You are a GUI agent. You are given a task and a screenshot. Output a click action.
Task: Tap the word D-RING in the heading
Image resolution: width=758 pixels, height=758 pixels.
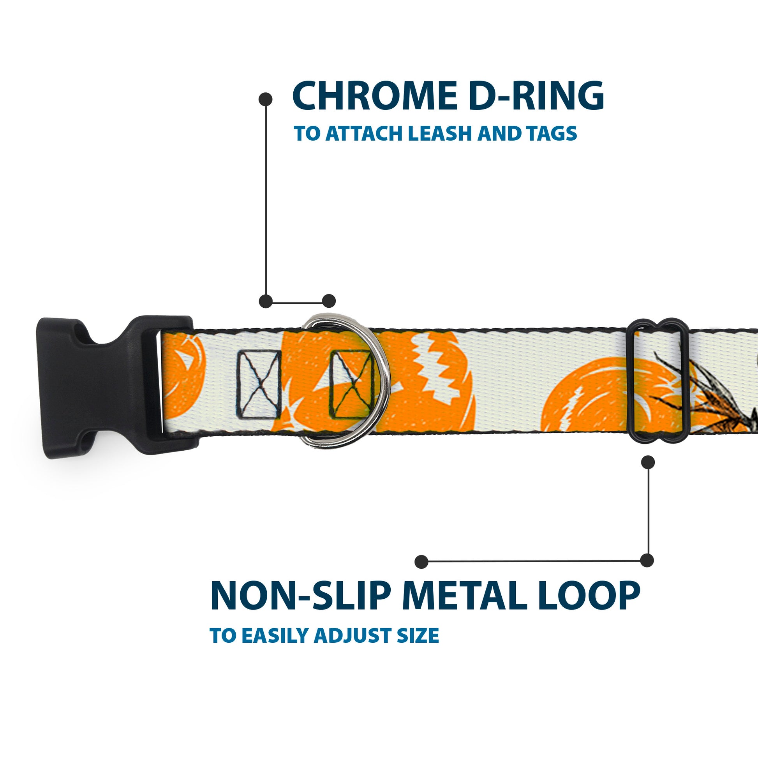[x=536, y=96]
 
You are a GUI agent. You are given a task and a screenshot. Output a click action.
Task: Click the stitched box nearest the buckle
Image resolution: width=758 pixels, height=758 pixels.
[x=259, y=384]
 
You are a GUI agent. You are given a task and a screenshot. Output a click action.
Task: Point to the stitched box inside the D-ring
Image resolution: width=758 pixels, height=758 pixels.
[x=351, y=384]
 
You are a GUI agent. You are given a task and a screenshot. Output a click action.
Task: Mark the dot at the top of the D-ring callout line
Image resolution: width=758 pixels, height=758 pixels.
[x=266, y=99]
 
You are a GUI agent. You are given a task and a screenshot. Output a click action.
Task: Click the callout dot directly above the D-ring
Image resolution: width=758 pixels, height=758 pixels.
[x=329, y=301]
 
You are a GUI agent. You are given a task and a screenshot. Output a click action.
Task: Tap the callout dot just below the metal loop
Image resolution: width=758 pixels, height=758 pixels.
[x=648, y=462]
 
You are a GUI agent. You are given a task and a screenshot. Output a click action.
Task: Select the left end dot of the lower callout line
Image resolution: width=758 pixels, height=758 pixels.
[x=421, y=561]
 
